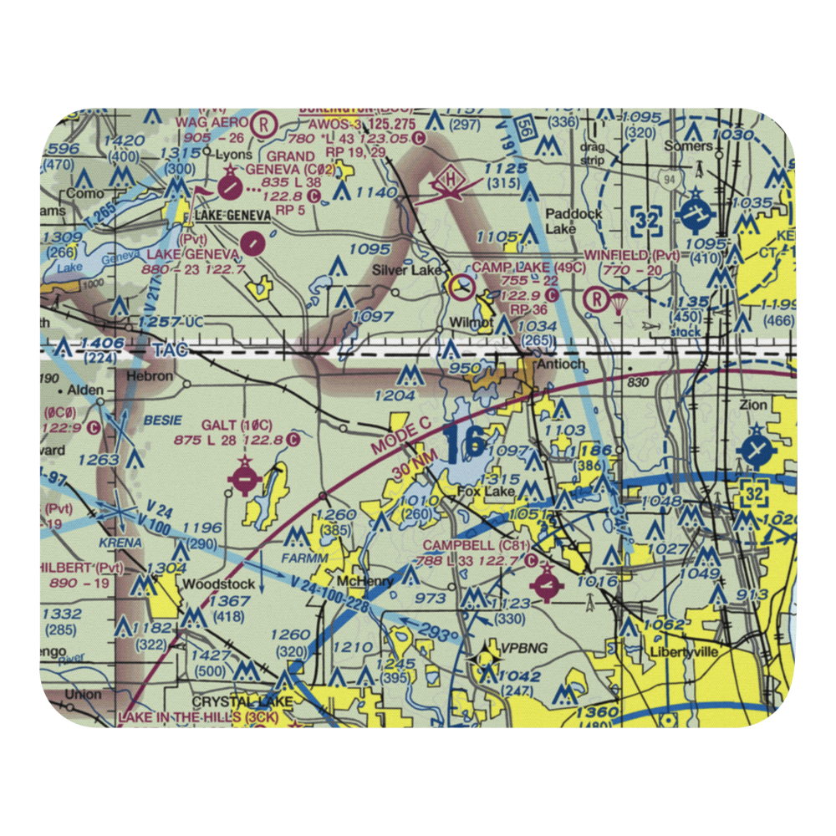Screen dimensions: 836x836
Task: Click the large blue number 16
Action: (x=464, y=443)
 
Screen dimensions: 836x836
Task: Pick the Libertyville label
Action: (x=683, y=651)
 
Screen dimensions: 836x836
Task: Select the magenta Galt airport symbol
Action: (x=244, y=480)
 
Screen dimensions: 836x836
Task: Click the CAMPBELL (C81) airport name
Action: (x=475, y=545)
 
